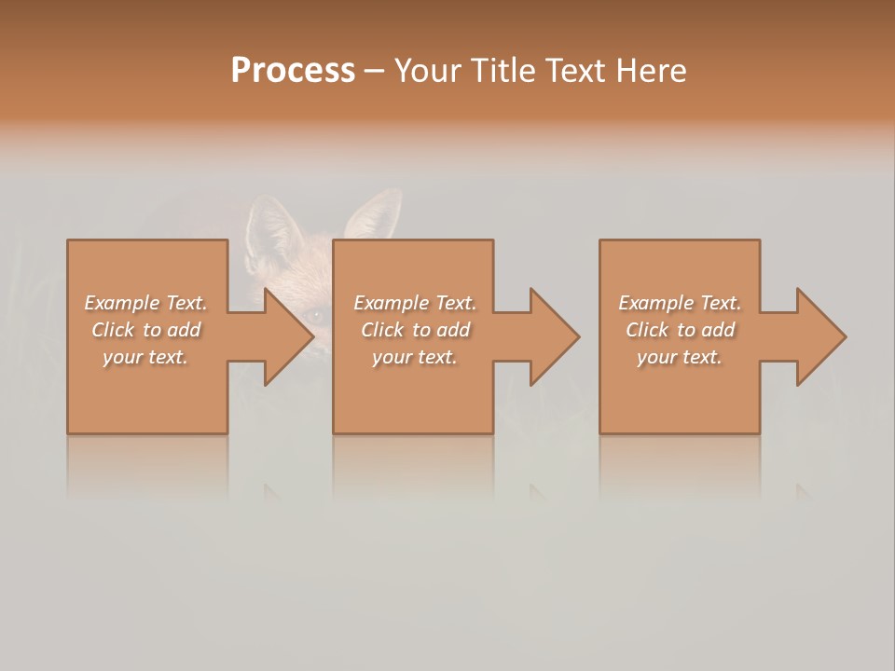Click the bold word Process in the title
[293, 71]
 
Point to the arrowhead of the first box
[289, 336]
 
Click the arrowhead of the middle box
[555, 336]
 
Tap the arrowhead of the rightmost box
[821, 336]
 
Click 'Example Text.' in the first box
[145, 303]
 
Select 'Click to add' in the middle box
[415, 330]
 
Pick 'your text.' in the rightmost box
[680, 357]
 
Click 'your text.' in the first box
[145, 357]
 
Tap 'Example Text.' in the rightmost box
[680, 303]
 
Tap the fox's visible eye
[315, 316]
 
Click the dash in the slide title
[374, 71]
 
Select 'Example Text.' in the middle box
[415, 303]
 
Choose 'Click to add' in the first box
[145, 330]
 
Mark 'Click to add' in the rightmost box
[680, 330]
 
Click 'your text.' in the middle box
[415, 357]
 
